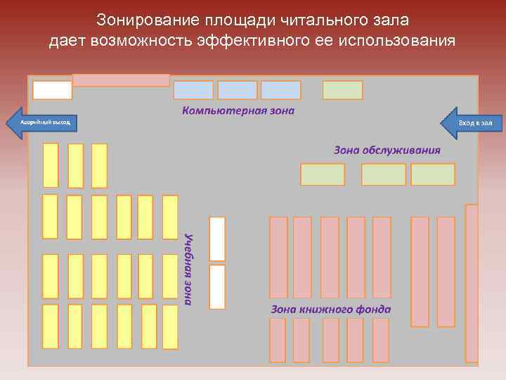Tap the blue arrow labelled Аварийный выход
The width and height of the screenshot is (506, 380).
(x=41, y=122)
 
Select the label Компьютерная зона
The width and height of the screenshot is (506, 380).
(x=239, y=110)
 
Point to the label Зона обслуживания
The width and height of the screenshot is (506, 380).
(x=387, y=150)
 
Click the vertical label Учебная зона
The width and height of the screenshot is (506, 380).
(x=188, y=268)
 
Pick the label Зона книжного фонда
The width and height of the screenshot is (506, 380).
(x=331, y=309)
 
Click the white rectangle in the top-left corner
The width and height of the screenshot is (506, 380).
(x=53, y=90)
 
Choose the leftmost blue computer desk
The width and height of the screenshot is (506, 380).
(x=193, y=90)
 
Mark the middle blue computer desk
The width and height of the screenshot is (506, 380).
(x=238, y=90)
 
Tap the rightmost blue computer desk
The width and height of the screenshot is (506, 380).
(x=280, y=90)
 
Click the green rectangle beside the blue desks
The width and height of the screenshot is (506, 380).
(x=342, y=90)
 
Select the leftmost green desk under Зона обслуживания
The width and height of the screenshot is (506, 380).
(x=323, y=175)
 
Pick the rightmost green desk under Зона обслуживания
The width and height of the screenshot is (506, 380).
(x=433, y=175)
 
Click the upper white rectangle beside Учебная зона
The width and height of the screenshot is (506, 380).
(x=217, y=239)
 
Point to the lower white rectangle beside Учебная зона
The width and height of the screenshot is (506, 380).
(x=217, y=286)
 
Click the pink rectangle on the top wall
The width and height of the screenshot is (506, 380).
(x=122, y=80)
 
